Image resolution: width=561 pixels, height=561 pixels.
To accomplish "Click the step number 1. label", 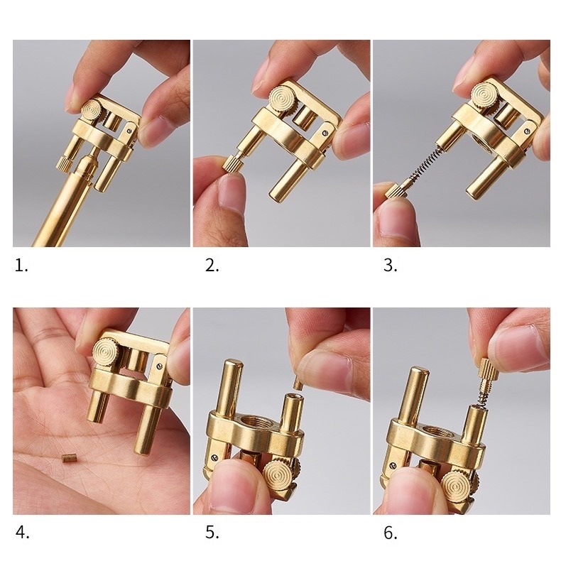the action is point(21,266).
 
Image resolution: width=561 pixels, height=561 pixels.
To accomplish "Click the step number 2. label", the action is point(212,266).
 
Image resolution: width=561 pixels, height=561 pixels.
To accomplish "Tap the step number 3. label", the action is point(391,266).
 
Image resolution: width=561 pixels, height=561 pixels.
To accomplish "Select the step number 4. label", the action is point(22,533).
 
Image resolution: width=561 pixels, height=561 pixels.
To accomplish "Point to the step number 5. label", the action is point(212,533).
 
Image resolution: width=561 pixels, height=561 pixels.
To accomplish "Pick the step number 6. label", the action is point(391,533).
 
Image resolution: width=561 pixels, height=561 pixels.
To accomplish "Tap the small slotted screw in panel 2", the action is point(325,133).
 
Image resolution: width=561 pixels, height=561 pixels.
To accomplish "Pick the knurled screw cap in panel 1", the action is point(64,164).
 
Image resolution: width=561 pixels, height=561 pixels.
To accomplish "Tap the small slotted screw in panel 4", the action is point(160,366).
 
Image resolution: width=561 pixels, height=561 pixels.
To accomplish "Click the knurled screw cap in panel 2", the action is point(233,163).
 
